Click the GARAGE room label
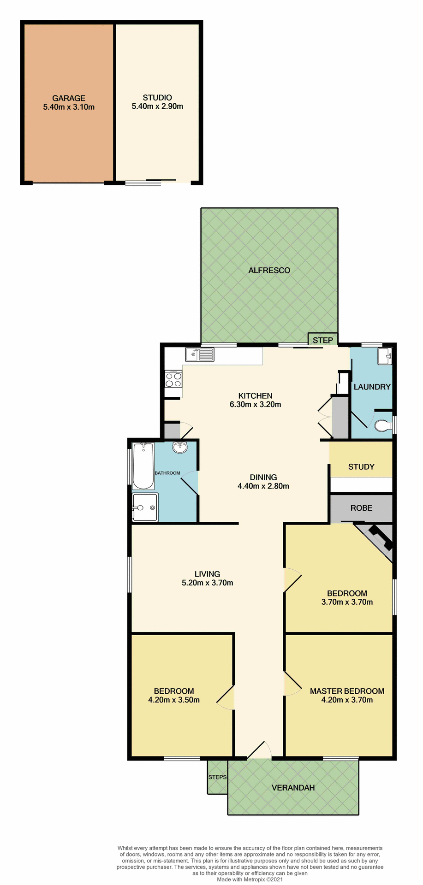click(x=69, y=98)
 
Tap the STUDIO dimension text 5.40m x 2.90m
click(x=157, y=106)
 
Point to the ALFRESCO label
click(x=269, y=271)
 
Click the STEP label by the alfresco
click(x=322, y=340)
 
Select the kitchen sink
click(x=200, y=354)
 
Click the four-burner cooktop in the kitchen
click(x=173, y=379)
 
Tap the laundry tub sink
click(x=384, y=356)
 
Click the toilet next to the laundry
click(x=382, y=425)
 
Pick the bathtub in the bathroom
click(x=143, y=466)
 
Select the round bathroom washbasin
click(x=180, y=447)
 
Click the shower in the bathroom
click(x=145, y=507)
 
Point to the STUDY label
click(x=361, y=467)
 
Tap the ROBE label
click(x=361, y=508)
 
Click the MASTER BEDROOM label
click(x=347, y=691)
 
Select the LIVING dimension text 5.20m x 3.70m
click(x=207, y=583)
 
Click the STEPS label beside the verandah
click(x=217, y=777)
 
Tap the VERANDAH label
click(x=293, y=788)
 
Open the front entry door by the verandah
click(x=258, y=750)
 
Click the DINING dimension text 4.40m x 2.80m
click(x=263, y=486)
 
